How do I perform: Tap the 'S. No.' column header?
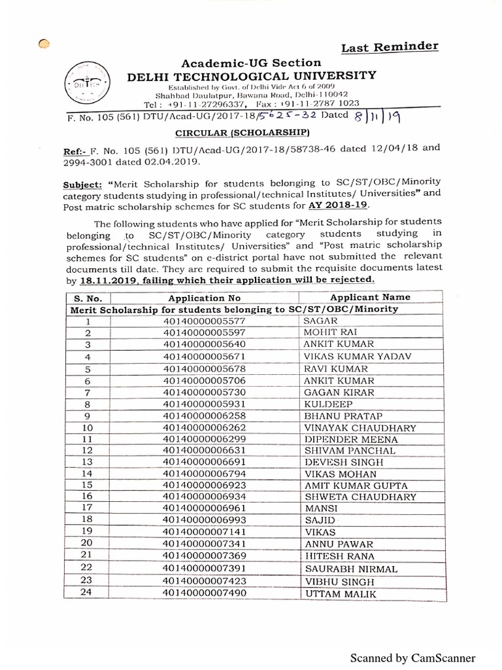pyautogui.click(x=87, y=298)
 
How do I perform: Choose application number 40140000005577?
pyautogui.click(x=205, y=321)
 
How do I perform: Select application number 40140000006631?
pyautogui.click(x=205, y=451)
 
